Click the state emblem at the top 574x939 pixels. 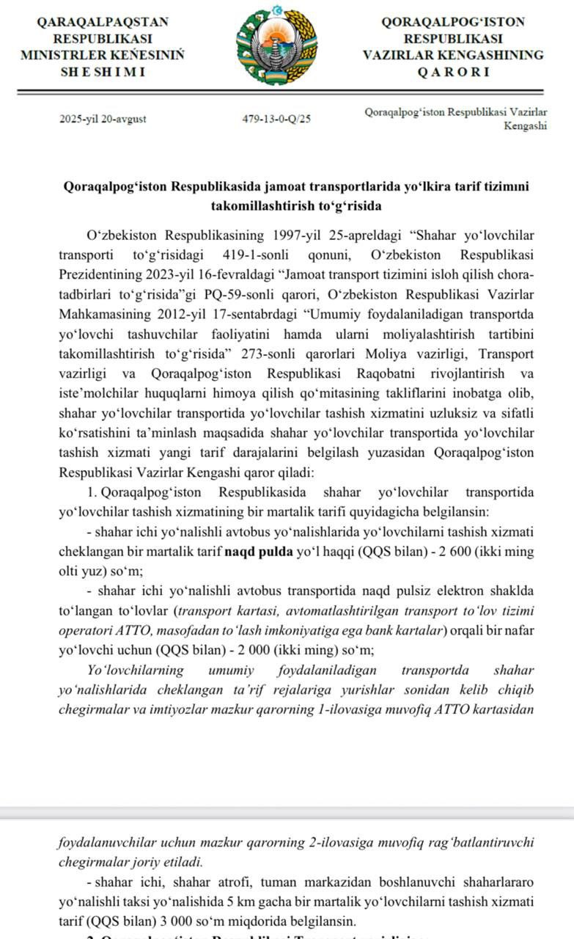coord(276,45)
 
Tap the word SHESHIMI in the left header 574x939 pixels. coord(102,72)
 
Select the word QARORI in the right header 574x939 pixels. coord(453,72)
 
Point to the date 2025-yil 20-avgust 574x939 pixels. coord(102,119)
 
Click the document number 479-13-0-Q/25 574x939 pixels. coord(276,119)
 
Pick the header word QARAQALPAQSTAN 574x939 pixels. coord(103,22)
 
